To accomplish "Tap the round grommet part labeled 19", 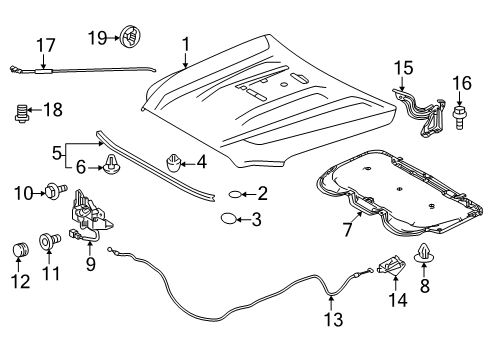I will [130, 38].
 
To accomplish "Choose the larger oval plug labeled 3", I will [229, 219].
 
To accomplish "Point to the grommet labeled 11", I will [46, 241].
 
